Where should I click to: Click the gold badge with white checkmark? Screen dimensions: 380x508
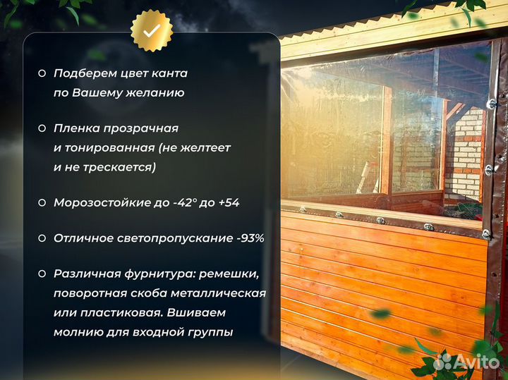coord(151,32)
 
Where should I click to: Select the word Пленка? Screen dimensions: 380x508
coord(75,129)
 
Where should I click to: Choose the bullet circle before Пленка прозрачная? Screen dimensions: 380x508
coord(42,129)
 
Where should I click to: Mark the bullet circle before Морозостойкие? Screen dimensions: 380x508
coord(42,202)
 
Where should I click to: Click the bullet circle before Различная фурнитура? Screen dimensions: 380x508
coord(42,274)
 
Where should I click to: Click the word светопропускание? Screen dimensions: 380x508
coord(176,238)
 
